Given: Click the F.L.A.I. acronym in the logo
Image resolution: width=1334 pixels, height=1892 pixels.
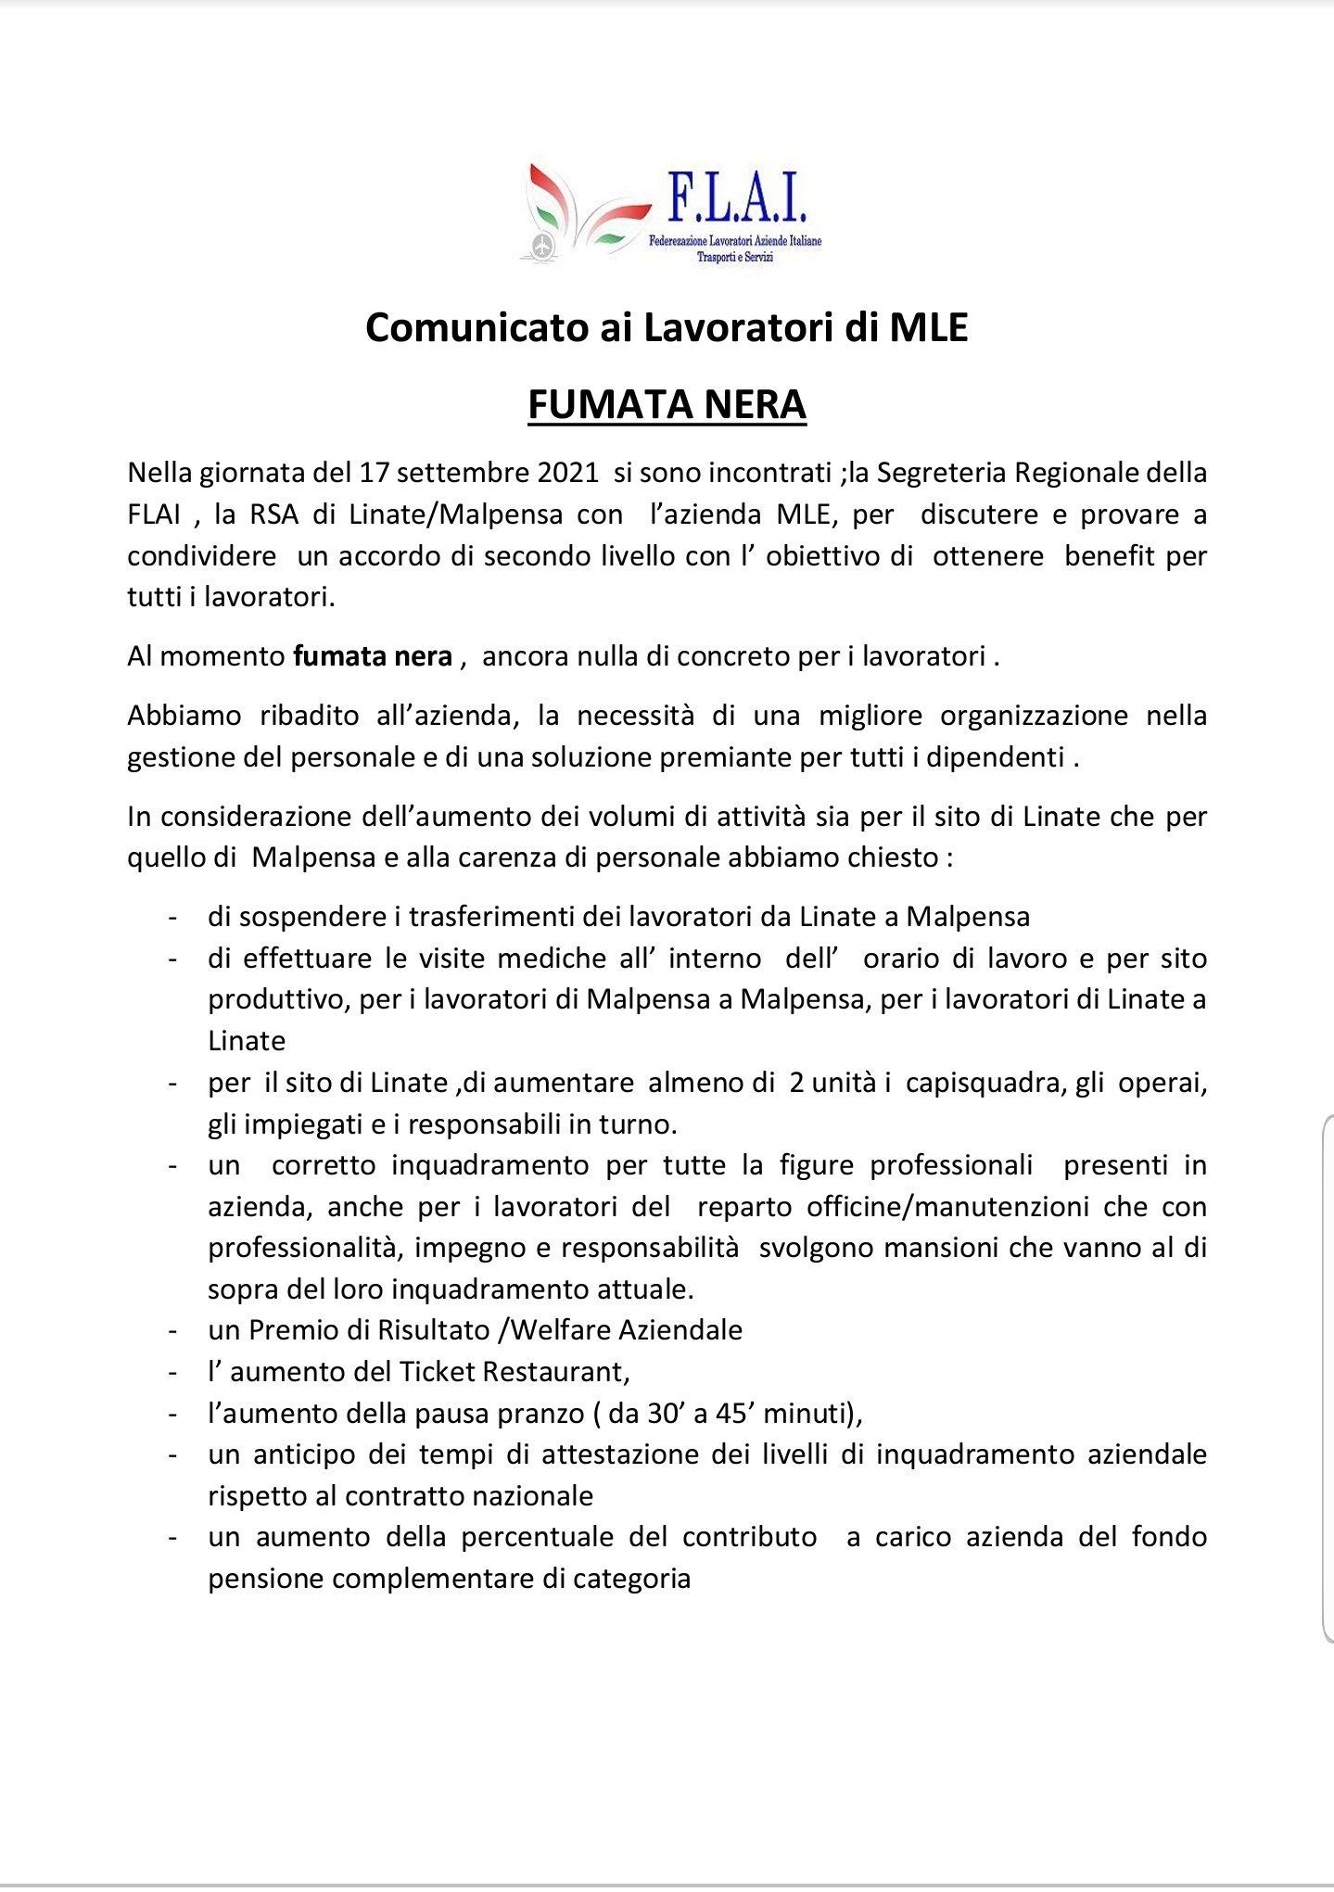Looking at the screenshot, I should [737, 201].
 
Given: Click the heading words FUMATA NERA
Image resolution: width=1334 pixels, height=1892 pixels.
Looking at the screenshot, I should [667, 405].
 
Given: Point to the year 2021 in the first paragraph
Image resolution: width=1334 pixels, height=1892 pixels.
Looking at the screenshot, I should [567, 473].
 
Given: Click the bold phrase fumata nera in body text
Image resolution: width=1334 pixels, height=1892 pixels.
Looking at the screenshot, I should [373, 656].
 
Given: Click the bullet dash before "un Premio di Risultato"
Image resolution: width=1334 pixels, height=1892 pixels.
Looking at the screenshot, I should [172, 1331].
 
